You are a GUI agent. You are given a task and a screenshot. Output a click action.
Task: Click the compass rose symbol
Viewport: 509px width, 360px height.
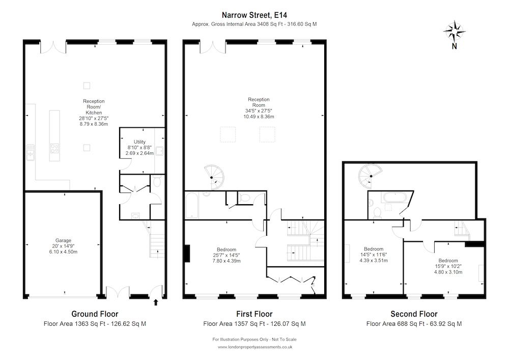coord(455,32)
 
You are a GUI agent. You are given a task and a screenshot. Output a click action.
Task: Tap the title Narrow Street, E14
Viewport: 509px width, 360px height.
coord(254,15)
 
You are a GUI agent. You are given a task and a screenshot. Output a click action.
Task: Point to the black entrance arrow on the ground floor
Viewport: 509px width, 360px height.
coord(156,302)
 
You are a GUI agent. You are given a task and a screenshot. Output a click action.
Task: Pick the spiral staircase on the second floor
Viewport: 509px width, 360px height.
coord(370,176)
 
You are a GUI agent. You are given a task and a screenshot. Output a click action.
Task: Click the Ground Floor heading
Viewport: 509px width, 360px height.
coord(95,314)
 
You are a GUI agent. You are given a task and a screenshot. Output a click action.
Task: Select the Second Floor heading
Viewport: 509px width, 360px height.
coord(414,314)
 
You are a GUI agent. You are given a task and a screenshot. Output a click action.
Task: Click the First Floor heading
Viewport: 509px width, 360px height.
coord(254,314)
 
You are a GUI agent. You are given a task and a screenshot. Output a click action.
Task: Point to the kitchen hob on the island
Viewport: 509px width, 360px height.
coord(54,148)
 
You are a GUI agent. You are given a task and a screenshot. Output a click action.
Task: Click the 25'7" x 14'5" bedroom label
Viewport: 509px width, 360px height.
coord(227,255)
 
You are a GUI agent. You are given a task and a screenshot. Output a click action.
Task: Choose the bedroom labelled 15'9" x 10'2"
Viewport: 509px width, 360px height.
coord(448,266)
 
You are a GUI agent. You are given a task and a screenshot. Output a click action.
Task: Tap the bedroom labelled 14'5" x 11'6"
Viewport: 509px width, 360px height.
coord(374,255)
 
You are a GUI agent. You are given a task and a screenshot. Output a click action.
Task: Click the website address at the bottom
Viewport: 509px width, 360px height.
coord(255,347)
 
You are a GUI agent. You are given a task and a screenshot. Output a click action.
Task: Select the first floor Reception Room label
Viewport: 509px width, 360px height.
coord(259,108)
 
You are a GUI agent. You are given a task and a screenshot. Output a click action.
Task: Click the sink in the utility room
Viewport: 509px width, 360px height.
coord(160,151)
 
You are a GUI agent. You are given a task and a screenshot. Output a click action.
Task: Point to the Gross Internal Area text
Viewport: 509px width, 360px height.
coord(254,24)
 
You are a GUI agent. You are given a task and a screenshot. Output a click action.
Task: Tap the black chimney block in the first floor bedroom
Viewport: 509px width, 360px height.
coord(187,253)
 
